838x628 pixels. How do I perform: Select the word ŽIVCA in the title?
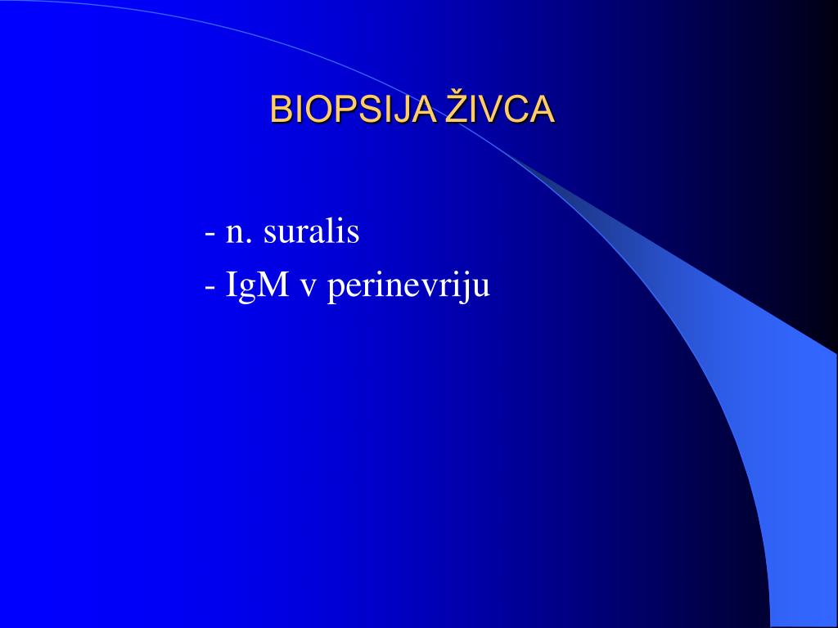pos(500,110)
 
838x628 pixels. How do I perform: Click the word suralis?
pos(311,232)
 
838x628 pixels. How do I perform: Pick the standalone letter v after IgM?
pos(309,289)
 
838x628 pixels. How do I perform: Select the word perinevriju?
pos(408,288)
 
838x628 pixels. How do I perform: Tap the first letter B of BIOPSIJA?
pos(280,110)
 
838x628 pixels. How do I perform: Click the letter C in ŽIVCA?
pos(521,110)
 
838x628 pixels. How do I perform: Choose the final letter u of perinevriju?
pos(483,289)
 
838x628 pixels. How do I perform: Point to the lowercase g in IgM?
pos(251,290)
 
